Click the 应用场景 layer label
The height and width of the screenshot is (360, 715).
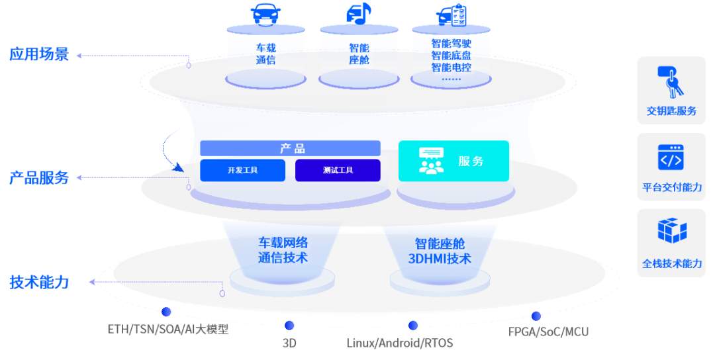(x=39, y=54)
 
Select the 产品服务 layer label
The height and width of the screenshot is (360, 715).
(x=39, y=177)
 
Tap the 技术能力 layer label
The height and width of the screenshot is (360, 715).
(x=39, y=282)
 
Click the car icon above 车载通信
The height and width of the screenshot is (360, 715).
(x=265, y=14)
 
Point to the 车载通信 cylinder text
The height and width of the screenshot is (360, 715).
(x=265, y=54)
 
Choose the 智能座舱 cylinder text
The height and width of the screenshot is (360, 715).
(x=359, y=54)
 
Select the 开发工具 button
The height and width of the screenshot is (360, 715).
(x=242, y=170)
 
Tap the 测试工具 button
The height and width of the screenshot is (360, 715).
(x=338, y=170)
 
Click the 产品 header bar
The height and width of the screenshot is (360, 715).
(x=291, y=148)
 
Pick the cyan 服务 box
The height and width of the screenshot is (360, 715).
(x=453, y=161)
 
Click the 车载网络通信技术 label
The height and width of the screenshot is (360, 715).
(x=283, y=250)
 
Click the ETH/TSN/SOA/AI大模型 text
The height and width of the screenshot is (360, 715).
(x=168, y=329)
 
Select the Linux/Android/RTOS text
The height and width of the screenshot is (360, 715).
(x=399, y=343)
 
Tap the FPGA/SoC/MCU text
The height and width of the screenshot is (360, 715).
(x=548, y=332)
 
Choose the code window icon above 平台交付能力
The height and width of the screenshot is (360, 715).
(x=670, y=158)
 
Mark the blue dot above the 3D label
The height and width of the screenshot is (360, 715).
(x=289, y=325)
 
